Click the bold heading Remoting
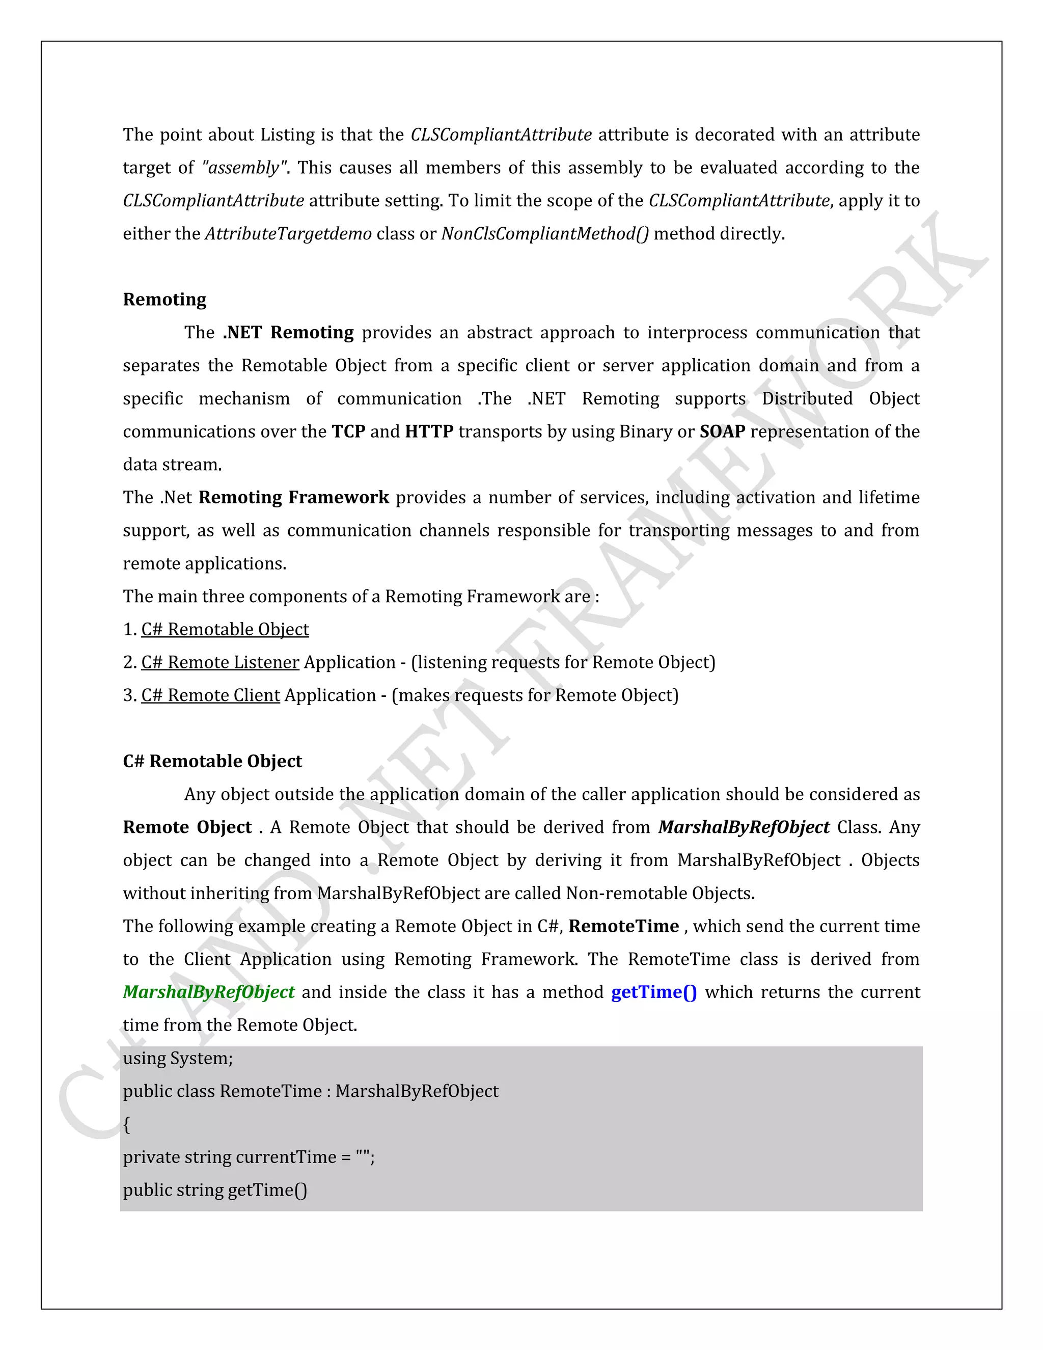164,299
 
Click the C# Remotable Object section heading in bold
212,761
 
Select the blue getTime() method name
654,992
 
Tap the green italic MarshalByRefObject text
208,992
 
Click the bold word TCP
348,431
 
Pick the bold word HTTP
429,431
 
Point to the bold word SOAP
722,431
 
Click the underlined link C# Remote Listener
220,663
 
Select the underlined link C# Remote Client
211,695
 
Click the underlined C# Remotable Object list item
225,629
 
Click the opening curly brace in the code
127,1124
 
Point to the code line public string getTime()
214,1190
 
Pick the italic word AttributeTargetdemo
288,234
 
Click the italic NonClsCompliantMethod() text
544,234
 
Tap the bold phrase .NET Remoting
288,333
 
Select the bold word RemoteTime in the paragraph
623,926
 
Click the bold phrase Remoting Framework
293,498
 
